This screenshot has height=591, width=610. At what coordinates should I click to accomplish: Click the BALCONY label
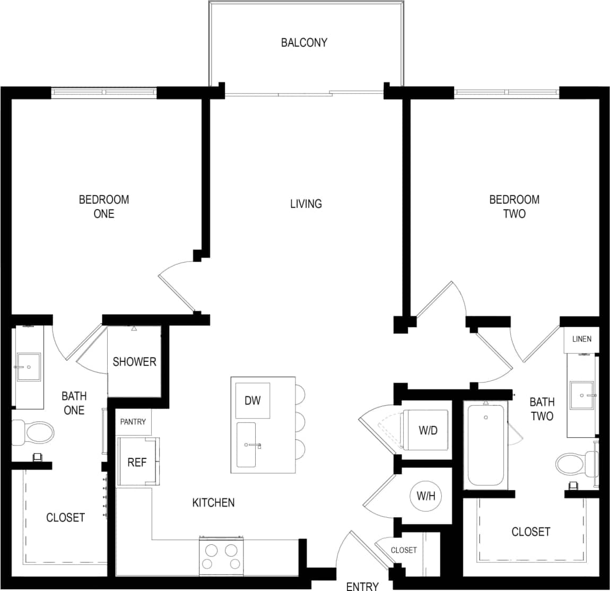(304, 42)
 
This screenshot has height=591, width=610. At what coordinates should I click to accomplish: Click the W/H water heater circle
(426, 497)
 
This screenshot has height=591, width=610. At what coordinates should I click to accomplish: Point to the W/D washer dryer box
(427, 430)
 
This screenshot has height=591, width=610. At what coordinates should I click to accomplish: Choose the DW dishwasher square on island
(252, 401)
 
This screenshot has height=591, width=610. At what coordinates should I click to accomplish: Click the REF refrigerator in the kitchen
(137, 462)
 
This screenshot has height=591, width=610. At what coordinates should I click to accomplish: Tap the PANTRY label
(133, 422)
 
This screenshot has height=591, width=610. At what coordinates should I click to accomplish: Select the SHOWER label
(134, 362)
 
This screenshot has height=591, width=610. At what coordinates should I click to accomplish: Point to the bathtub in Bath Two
(484, 445)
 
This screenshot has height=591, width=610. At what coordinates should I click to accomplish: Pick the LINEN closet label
(581, 339)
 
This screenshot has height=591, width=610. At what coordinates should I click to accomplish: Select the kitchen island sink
(247, 445)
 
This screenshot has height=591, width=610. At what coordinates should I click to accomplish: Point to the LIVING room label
(306, 204)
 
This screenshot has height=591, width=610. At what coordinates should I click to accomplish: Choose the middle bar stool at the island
(298, 422)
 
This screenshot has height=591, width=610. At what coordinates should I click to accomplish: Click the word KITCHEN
(213, 502)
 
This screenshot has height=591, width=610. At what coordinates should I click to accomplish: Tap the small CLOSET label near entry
(404, 550)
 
